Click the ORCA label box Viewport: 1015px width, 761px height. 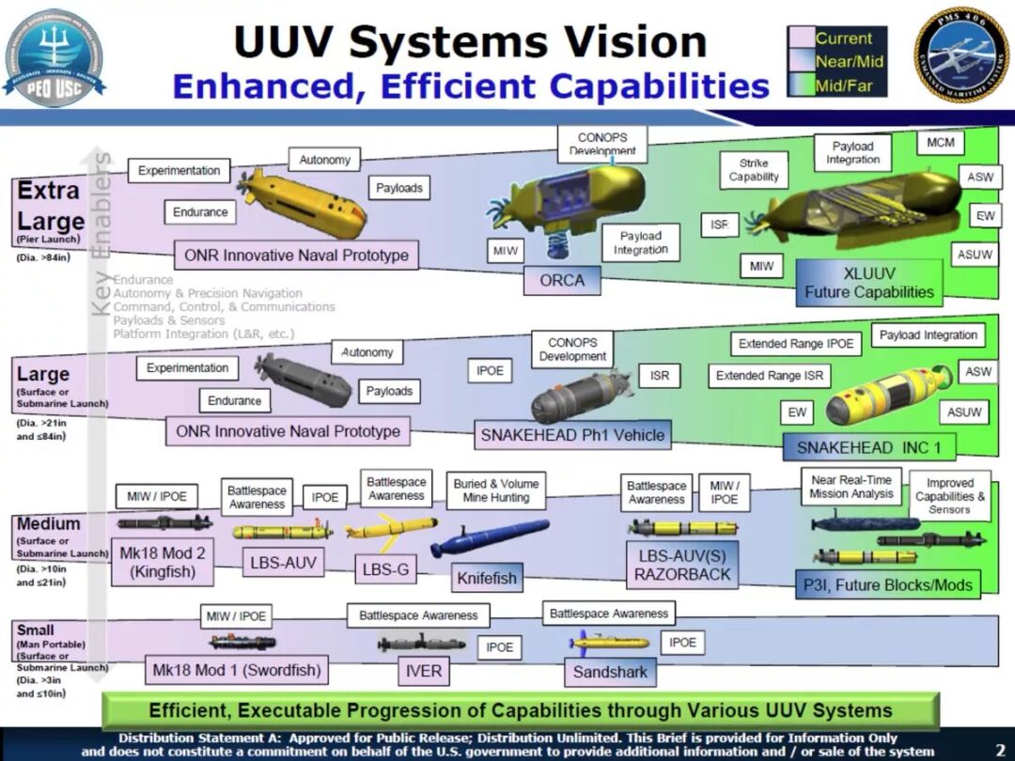coord(562,280)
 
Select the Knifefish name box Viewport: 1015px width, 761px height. coord(487,578)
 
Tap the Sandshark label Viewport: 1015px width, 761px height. coord(610,672)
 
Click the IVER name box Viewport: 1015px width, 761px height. coord(423,672)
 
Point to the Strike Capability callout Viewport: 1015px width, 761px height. coord(754,170)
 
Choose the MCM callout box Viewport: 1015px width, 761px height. coord(940,143)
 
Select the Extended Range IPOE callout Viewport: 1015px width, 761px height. coord(796,344)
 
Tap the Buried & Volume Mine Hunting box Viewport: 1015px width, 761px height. coord(496,491)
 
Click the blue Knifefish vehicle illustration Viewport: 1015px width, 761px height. coord(490,537)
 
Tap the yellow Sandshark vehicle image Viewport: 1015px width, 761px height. coord(609,643)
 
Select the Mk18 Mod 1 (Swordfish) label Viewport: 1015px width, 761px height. coord(237,671)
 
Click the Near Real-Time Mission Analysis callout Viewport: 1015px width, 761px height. coord(851,487)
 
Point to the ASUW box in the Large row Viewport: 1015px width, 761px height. coord(964,412)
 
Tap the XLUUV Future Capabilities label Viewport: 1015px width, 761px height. coord(869,282)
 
